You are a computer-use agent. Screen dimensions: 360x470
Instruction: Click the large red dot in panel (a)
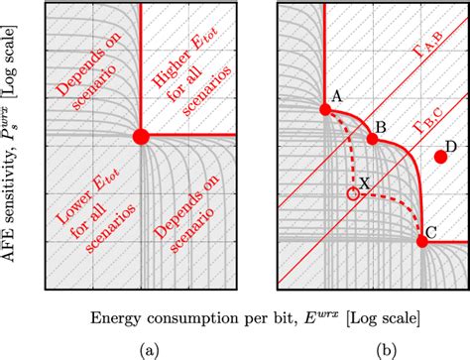tap(141, 135)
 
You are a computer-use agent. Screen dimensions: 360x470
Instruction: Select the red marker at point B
tap(373, 138)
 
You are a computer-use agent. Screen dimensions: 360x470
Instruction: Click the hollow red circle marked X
tap(353, 194)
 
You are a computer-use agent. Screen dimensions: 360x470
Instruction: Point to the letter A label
tap(337, 95)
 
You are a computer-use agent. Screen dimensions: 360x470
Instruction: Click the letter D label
tap(451, 147)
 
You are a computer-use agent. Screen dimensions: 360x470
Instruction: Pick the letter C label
tap(432, 234)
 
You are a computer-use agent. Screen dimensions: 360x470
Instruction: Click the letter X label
tap(366, 184)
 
